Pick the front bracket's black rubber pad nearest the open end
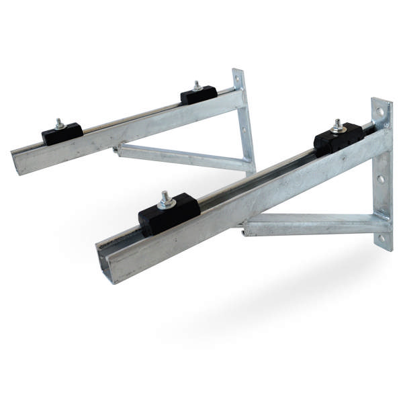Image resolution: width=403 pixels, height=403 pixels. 169,214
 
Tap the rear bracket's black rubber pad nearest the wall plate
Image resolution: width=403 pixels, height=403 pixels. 198,95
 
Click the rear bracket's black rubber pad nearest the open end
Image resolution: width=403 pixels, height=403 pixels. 62,133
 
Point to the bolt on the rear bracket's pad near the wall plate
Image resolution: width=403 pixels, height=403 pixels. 197,86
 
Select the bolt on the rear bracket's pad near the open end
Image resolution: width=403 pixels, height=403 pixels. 59,124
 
